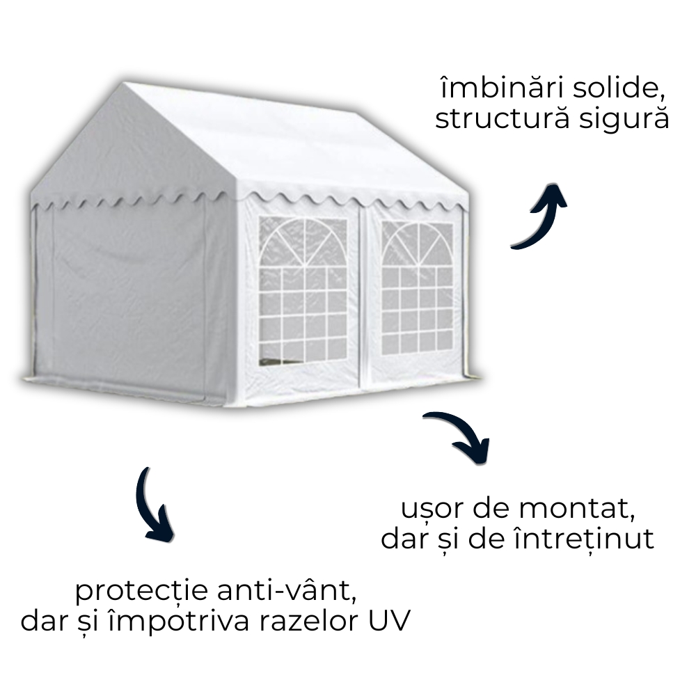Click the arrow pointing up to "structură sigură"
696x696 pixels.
[x=541, y=214]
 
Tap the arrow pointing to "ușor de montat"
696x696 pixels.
[x=460, y=435]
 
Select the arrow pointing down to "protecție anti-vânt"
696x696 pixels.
[x=153, y=505]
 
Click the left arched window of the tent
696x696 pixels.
[x=303, y=289]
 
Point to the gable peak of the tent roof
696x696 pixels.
[x=125, y=87]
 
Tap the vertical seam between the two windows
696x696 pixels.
[x=362, y=292]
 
